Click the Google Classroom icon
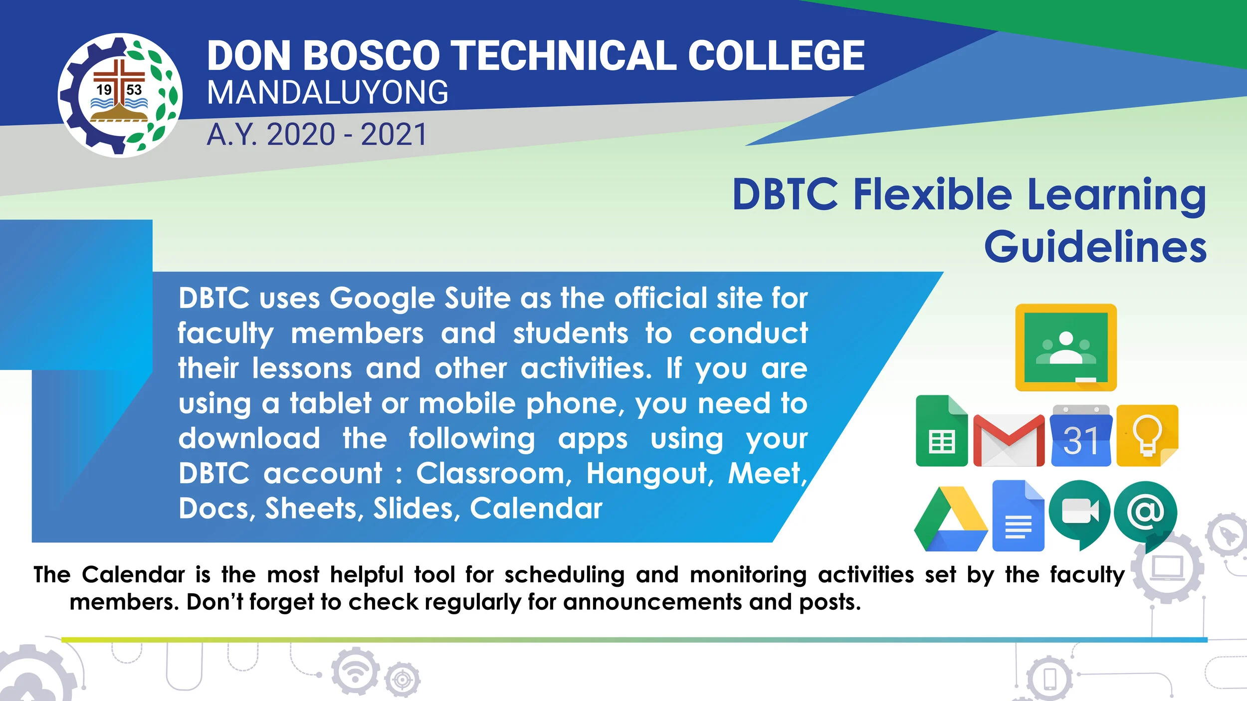point(1066,347)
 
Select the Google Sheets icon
point(941,432)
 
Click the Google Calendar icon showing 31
point(1081,437)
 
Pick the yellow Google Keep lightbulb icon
point(1147,436)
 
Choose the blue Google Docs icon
point(1018,517)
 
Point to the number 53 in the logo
point(134,90)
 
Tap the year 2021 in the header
point(394,135)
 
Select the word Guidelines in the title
point(1095,246)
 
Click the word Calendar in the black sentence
point(133,575)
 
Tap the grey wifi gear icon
point(355,672)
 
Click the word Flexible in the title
point(932,194)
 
